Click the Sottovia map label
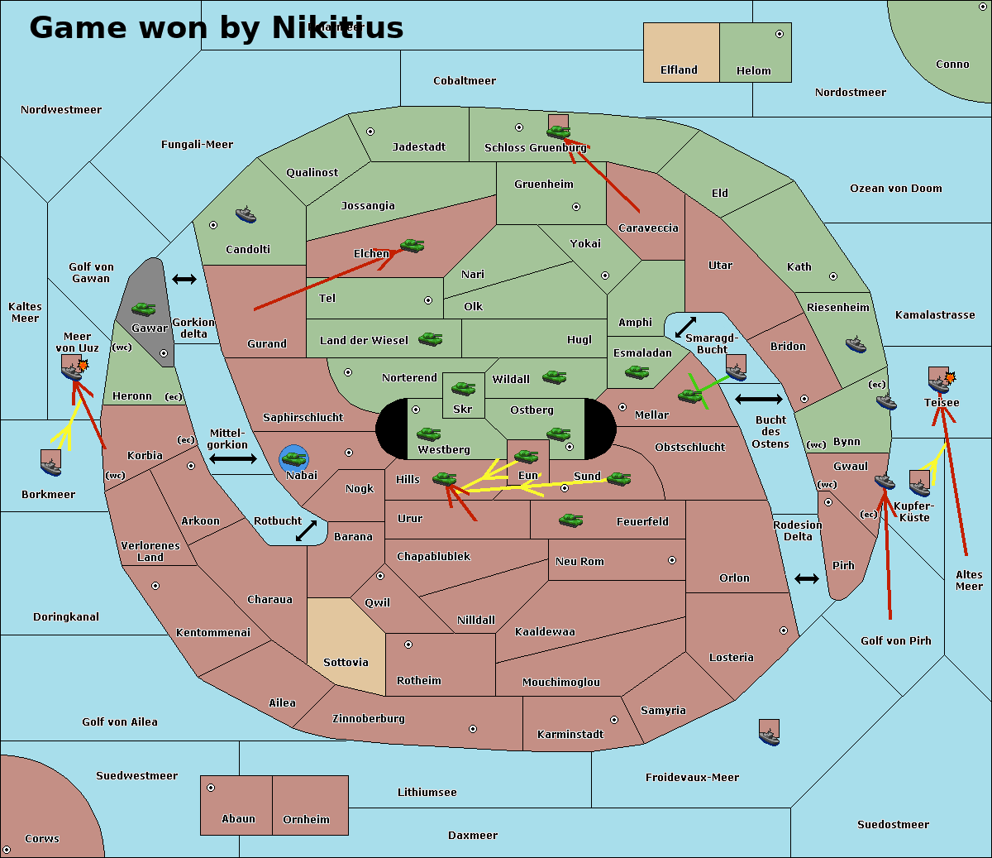[x=346, y=662]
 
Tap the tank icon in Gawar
[x=144, y=309]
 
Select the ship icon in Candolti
[x=246, y=215]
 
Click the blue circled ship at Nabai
[x=293, y=458]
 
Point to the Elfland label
[x=679, y=70]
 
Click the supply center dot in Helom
[x=779, y=34]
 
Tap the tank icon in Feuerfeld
[x=571, y=520]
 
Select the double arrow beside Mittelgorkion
[x=233, y=459]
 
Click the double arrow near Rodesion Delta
[x=807, y=578]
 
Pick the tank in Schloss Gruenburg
[x=559, y=131]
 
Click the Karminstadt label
[x=570, y=734]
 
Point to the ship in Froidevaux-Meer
[x=769, y=732]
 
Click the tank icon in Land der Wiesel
[x=430, y=338]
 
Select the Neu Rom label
[x=579, y=561]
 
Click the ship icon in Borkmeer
[x=51, y=464]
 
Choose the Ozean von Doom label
[x=895, y=189]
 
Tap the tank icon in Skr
[x=463, y=387]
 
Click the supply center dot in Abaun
[x=211, y=788]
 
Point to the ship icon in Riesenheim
[x=856, y=343]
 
